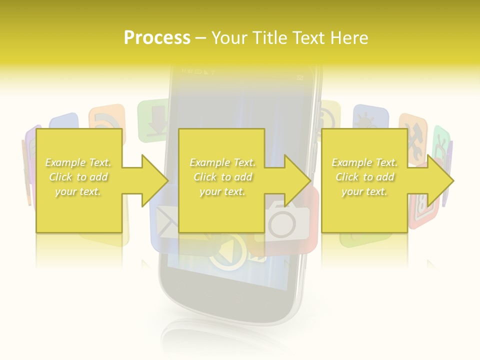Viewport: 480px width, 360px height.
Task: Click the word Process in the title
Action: tap(157, 38)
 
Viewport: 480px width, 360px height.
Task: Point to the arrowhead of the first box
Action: tap(155, 180)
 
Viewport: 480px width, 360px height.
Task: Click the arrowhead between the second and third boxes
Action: tap(298, 180)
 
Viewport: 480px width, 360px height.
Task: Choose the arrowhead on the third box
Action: tap(440, 180)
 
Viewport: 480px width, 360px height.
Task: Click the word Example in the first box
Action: tap(64, 162)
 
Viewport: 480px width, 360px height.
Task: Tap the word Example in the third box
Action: tap(351, 162)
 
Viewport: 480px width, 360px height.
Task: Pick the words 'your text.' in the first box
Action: tap(78, 191)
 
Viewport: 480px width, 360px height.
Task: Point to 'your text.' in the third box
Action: tap(364, 191)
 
